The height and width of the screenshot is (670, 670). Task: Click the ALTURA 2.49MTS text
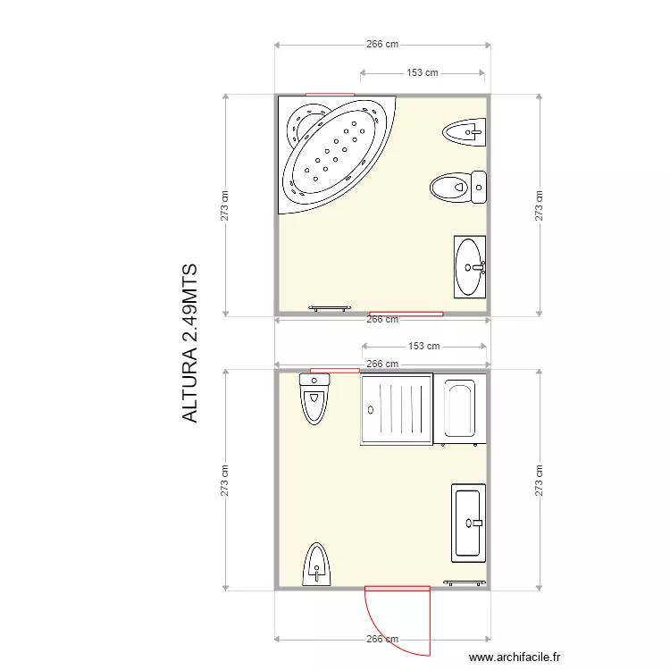point(189,343)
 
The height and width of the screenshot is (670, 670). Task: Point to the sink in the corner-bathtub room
point(470,265)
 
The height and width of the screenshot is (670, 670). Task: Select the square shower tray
point(396,408)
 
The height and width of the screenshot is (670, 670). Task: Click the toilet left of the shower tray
point(315,398)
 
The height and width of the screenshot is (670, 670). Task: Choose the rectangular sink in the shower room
point(469,522)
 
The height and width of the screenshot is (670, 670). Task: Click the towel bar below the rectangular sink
point(465,582)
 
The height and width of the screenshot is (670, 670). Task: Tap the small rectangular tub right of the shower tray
point(460,409)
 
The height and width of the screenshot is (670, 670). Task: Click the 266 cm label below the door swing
point(381,639)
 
